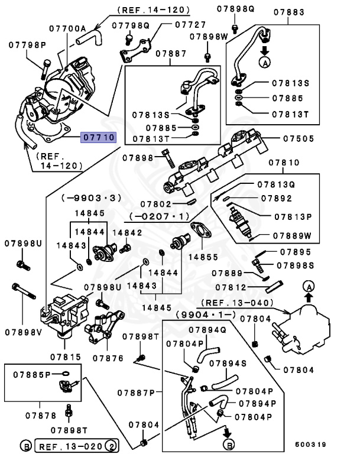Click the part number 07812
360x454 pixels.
point(230,287)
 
